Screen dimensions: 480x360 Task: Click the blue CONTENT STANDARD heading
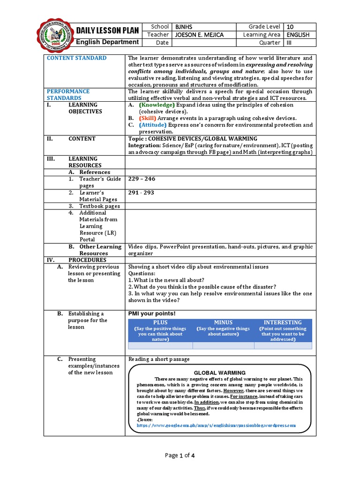(x=76, y=58)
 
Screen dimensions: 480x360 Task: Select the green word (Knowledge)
(x=156, y=105)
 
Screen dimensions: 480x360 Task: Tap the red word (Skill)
(x=147, y=119)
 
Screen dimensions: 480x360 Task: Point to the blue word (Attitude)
(x=152, y=125)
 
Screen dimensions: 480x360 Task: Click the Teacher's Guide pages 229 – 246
(x=142, y=179)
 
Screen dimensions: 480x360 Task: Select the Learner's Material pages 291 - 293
(x=141, y=193)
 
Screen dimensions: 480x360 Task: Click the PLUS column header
(x=160, y=322)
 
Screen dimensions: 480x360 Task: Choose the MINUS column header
(x=223, y=322)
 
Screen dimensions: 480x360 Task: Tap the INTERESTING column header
(x=283, y=322)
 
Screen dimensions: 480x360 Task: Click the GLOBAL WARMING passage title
(x=220, y=373)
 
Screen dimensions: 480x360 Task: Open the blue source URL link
(x=216, y=425)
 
